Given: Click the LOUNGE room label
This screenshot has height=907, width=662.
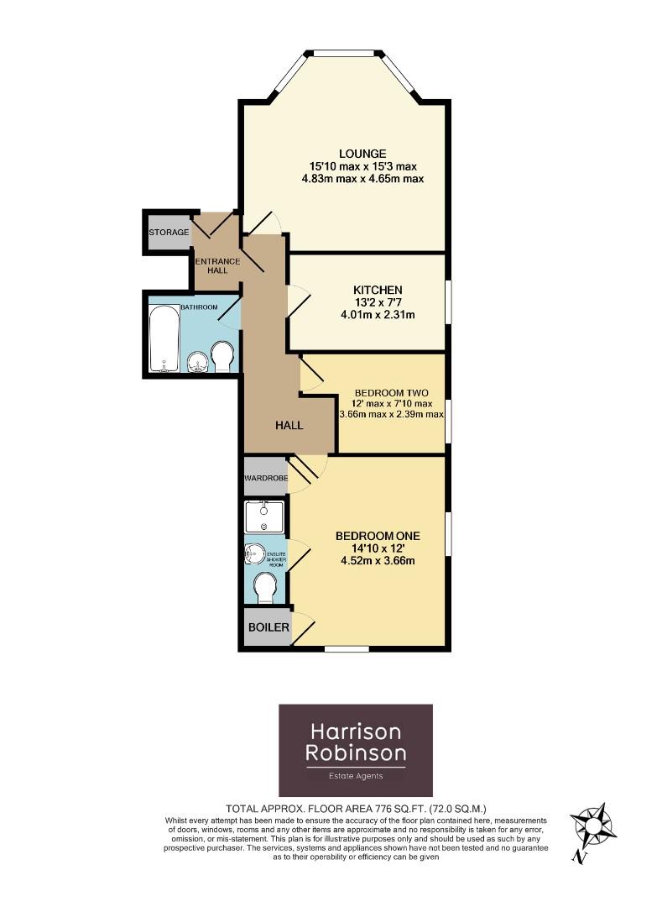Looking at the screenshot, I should pos(362,154).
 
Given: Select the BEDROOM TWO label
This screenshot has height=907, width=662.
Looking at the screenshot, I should pos(391,393).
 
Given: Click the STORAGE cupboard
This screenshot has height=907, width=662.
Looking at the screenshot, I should pos(168,232).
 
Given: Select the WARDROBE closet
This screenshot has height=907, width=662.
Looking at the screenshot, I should pos(265,478).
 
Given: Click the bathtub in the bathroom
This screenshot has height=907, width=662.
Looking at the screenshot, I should pos(163,339).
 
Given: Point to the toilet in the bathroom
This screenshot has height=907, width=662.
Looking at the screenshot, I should pos(222,356).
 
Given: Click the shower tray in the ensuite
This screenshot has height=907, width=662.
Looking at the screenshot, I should pos(265,517).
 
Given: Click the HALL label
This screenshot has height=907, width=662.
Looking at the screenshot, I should pos(289,426).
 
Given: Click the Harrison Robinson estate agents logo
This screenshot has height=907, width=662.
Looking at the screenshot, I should pos(355,750).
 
